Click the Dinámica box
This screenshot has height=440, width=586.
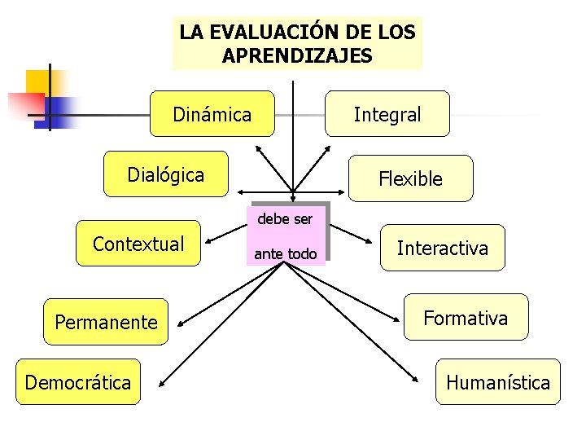tap(212, 113)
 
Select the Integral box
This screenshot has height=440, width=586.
tap(387, 113)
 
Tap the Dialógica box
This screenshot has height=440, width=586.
tap(166, 174)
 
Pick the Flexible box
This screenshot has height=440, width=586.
tap(410, 178)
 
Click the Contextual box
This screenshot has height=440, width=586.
tap(138, 244)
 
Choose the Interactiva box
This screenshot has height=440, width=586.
tap(442, 248)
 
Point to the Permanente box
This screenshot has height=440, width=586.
tap(106, 322)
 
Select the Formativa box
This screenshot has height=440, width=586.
tap(466, 317)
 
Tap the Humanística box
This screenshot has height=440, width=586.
tap(497, 382)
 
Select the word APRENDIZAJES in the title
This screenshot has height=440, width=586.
tap(297, 55)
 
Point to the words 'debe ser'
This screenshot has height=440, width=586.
tap(285, 219)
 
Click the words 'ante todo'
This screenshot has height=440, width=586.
tap(286, 254)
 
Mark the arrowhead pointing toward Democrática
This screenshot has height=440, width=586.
tap(162, 381)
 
